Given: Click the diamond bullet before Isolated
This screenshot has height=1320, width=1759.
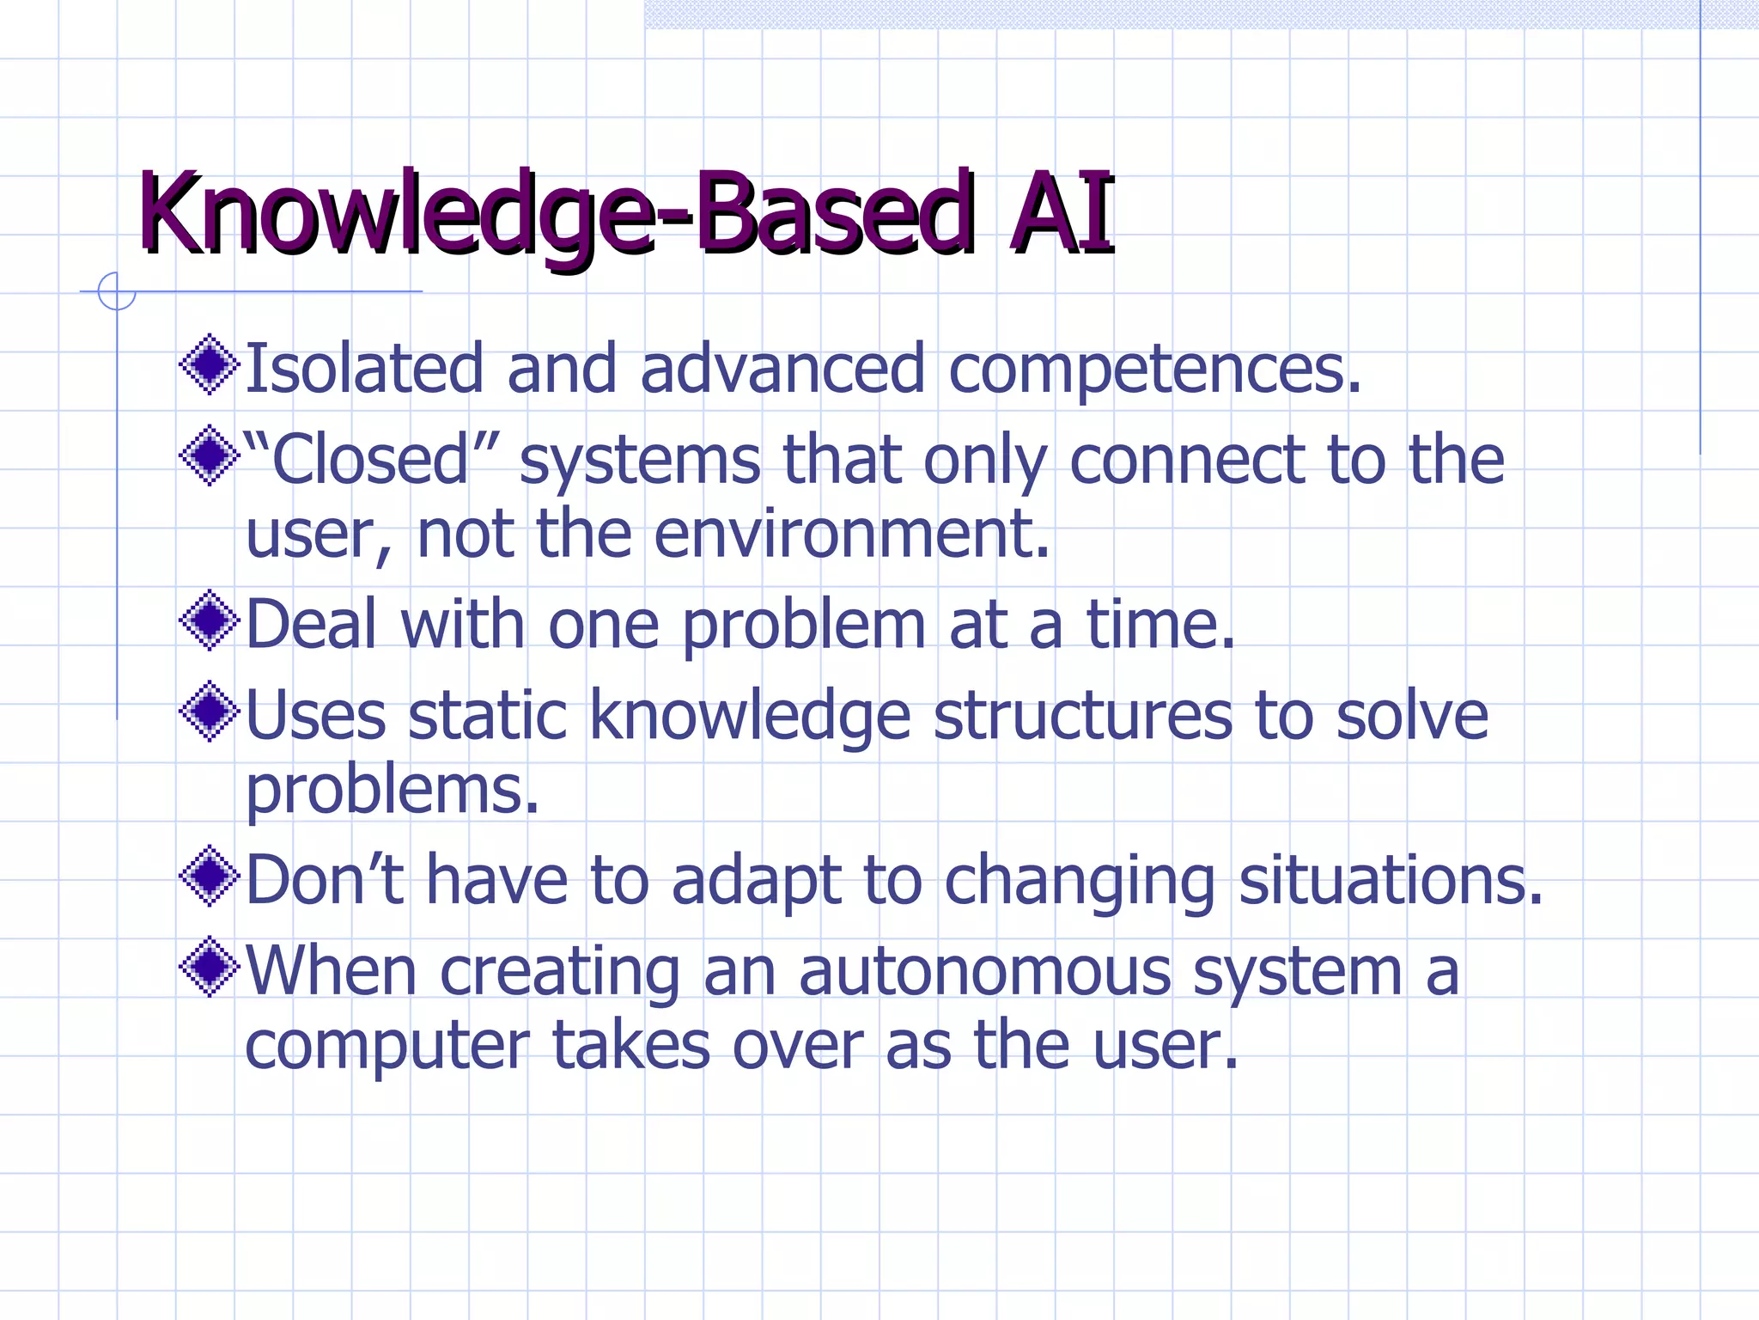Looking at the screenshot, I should (209, 365).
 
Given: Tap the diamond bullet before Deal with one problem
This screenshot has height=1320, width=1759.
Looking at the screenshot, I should (209, 620).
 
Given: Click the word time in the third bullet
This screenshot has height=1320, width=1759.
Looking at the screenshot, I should (1159, 624).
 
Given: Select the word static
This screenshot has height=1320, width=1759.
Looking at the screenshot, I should (487, 715).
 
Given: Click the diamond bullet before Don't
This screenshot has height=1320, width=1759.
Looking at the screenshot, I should (209, 877).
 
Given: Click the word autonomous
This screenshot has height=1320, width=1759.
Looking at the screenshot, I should (984, 971).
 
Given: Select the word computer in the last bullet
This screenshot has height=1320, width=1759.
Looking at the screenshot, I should (386, 1047).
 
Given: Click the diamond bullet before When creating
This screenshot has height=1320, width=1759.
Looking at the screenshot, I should (209, 968).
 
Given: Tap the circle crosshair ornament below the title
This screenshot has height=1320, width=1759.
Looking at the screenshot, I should (117, 291).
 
